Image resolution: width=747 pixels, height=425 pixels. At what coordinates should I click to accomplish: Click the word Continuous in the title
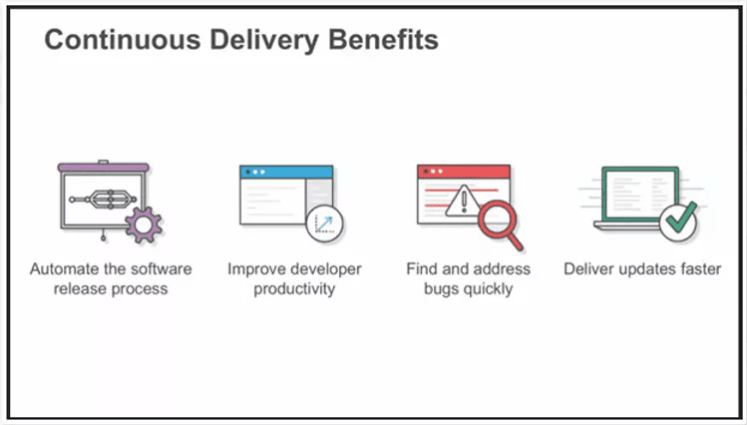click(123, 39)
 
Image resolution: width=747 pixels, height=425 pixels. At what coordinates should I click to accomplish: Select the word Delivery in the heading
click(264, 41)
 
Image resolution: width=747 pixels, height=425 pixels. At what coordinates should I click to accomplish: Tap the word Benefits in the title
click(384, 39)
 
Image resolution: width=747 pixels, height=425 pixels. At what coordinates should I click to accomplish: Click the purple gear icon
click(144, 224)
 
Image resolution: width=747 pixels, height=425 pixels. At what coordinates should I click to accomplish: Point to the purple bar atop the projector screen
click(104, 168)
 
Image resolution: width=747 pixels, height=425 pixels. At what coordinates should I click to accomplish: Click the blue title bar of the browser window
click(286, 172)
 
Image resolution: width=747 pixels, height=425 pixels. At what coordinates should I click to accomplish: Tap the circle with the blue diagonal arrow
click(324, 223)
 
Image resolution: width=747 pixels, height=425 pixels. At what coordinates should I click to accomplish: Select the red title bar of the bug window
click(464, 172)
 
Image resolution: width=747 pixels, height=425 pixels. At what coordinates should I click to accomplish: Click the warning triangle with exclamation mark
click(464, 201)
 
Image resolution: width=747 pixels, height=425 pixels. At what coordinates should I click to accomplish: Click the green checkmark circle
click(679, 221)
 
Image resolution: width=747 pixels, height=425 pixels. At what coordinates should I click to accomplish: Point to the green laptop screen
click(640, 194)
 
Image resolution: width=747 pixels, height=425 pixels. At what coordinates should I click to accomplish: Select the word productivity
click(294, 289)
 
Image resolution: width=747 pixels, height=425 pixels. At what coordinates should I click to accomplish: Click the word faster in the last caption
click(701, 268)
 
